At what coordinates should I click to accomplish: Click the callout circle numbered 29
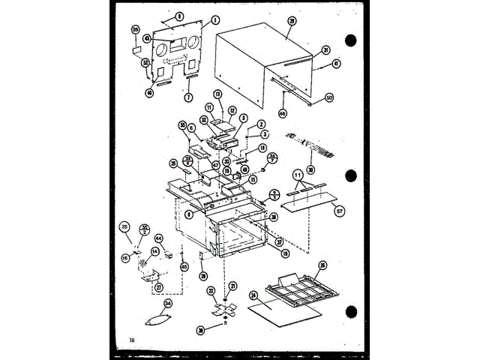290,22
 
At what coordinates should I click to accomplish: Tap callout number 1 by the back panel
215,19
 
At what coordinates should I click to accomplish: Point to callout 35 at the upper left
136,29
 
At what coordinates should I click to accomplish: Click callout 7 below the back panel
188,97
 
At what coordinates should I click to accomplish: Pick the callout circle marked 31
326,50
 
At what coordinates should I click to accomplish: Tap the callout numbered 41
335,64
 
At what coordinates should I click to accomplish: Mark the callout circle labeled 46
283,113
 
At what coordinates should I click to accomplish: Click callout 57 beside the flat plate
338,213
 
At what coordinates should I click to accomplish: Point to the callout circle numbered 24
253,295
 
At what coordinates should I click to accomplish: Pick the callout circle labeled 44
159,238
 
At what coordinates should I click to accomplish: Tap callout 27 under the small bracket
158,286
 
